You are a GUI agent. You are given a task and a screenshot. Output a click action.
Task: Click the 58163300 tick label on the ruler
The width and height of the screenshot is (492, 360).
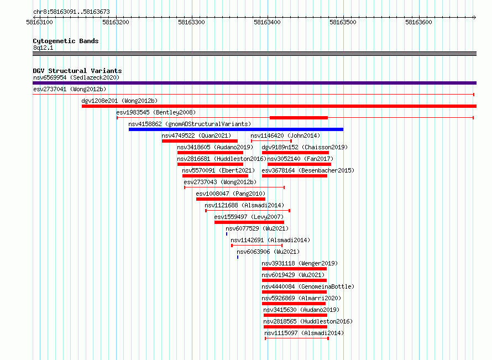tap(191, 22)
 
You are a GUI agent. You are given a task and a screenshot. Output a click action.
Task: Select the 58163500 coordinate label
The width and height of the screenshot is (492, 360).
tap(343, 22)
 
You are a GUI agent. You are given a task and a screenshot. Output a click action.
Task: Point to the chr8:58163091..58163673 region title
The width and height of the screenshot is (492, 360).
tap(71, 12)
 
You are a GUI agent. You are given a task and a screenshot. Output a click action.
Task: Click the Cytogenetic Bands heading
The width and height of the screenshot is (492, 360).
tap(66, 41)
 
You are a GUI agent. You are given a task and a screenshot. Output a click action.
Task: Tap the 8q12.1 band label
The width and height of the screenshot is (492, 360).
tap(43, 48)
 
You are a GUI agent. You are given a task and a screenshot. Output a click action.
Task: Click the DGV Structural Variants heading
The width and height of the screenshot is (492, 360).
tap(77, 71)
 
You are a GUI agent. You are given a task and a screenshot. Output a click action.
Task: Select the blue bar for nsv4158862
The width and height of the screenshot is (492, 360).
tap(236, 129)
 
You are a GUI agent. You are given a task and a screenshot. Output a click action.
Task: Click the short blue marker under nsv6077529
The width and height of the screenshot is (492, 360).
tap(227, 234)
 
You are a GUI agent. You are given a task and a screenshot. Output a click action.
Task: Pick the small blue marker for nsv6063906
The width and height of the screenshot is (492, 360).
tap(238, 257)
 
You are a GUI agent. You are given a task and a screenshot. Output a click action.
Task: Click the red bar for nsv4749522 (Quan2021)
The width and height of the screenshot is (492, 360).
tap(200, 141)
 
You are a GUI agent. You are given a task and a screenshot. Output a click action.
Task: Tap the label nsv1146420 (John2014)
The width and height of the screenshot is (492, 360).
tap(285, 135)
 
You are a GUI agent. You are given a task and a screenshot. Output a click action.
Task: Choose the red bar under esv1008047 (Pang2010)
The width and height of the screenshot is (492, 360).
tap(231, 199)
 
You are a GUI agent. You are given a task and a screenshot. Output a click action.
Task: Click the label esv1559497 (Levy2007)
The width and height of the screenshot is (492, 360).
tap(249, 217)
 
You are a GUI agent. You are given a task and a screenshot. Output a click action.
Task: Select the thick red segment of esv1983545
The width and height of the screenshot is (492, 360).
tap(299, 118)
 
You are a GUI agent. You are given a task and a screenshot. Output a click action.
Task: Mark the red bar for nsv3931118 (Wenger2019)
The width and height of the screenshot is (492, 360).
tap(294, 269)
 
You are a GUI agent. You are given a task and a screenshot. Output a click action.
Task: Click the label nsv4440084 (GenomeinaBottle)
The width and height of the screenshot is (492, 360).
tap(308, 286)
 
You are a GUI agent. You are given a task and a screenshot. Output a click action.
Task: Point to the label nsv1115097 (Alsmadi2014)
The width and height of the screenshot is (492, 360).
tap(304, 333)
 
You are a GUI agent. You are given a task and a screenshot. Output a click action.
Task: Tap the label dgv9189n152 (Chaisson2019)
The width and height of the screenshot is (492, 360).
tap(305, 147)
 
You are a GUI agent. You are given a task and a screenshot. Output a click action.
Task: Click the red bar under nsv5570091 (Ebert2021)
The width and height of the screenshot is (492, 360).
tap(215, 176)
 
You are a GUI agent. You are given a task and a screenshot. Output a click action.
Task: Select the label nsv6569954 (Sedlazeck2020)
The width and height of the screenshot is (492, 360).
tap(76, 77)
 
